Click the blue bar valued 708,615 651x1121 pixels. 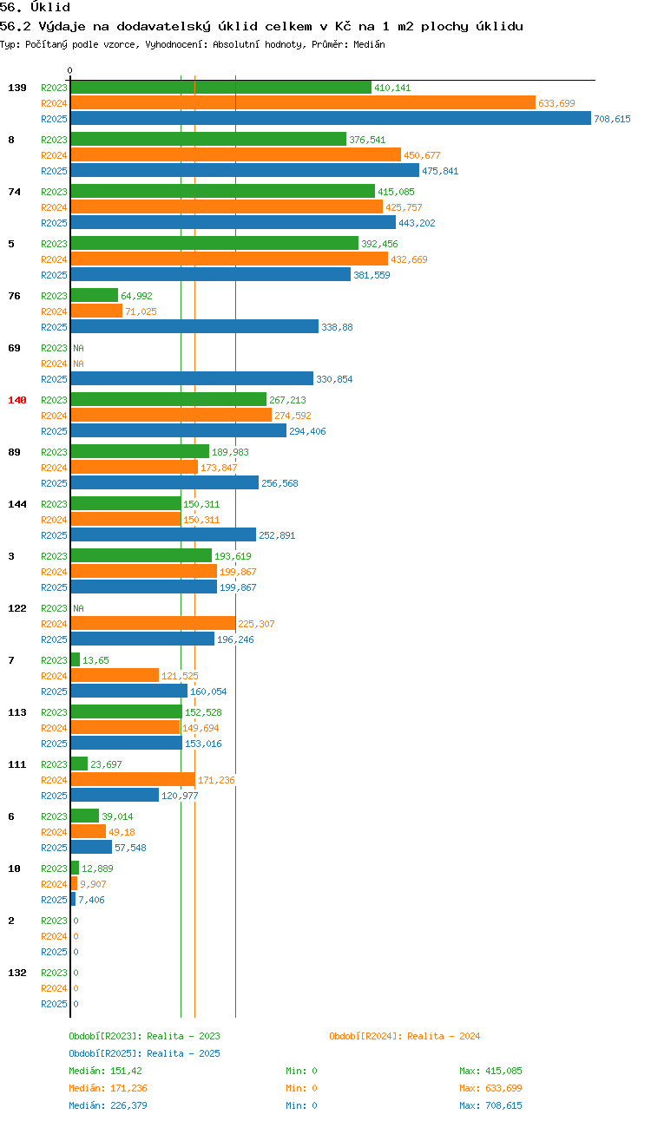pyautogui.click(x=331, y=118)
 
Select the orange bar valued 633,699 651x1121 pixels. pyautogui.click(x=303, y=102)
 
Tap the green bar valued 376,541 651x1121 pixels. pyautogui.click(x=208, y=139)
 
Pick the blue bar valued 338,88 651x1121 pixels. pyautogui.click(x=194, y=326)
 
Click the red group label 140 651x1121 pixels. pyautogui.click(x=17, y=400)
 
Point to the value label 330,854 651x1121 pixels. pyautogui.click(x=334, y=379)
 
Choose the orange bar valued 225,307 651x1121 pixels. pyautogui.click(x=154, y=623)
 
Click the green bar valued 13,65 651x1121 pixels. pyautogui.click(x=76, y=659)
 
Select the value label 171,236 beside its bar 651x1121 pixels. pyautogui.click(x=216, y=780)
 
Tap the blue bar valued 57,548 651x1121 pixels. pyautogui.click(x=91, y=847)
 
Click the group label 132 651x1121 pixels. pyautogui.click(x=17, y=973)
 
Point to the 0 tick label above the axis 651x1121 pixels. pyautogui.click(x=69, y=70)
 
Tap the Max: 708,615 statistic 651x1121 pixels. pyautogui.click(x=490, y=1105)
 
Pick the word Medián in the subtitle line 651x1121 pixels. pyautogui.click(x=369, y=44)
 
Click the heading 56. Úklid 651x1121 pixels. pyautogui.click(x=35, y=7)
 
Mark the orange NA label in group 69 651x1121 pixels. pyautogui.click(x=79, y=364)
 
